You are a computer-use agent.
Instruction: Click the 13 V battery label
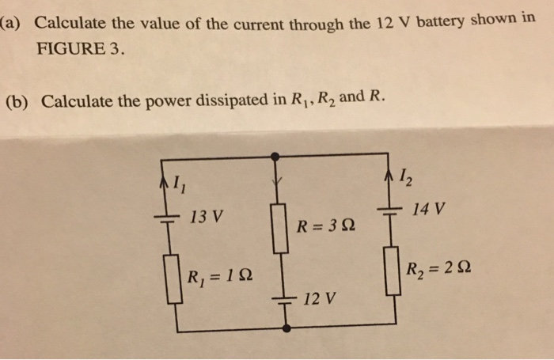click(x=207, y=215)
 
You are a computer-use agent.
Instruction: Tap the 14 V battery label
click(x=429, y=210)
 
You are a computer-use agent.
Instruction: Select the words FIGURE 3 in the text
click(x=78, y=47)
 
